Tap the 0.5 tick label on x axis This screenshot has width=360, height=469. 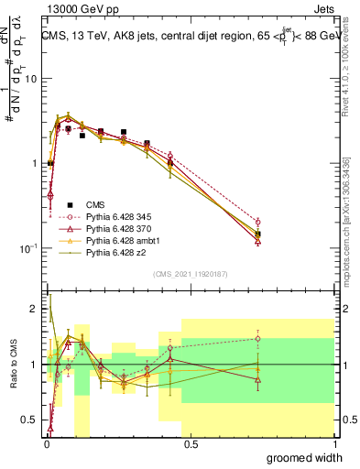tap(191, 444)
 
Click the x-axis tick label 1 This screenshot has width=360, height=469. tap(333, 444)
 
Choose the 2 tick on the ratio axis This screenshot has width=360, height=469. tap(34, 309)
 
